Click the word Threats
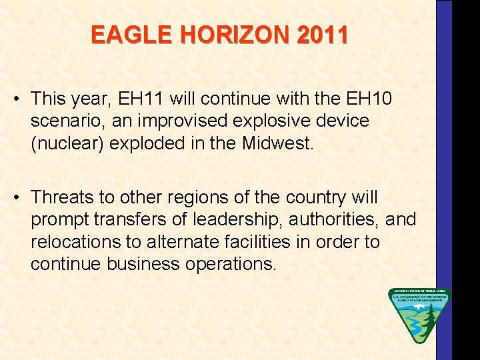62,197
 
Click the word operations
228,263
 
